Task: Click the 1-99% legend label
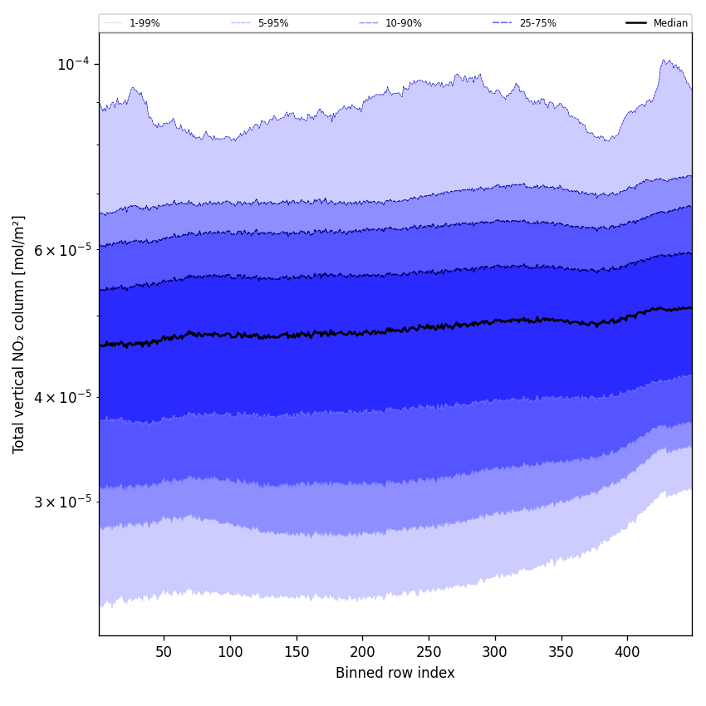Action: tap(145, 23)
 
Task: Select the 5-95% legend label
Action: tap(273, 23)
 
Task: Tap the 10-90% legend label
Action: tap(403, 23)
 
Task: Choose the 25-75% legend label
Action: tap(537, 23)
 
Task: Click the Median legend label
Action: tap(670, 23)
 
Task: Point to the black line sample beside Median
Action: tap(636, 23)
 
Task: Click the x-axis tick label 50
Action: tap(164, 652)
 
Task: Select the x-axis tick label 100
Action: tap(230, 652)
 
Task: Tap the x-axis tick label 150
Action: tap(297, 652)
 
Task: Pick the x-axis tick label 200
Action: tap(362, 652)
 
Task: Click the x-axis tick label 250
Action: tap(429, 652)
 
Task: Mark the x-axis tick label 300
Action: tap(495, 652)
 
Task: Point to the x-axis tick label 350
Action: tap(561, 652)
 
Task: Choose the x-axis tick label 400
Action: tap(627, 652)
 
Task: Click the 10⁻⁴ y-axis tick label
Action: tap(73, 65)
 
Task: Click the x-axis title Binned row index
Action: tap(395, 673)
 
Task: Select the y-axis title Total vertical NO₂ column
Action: tap(19, 335)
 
